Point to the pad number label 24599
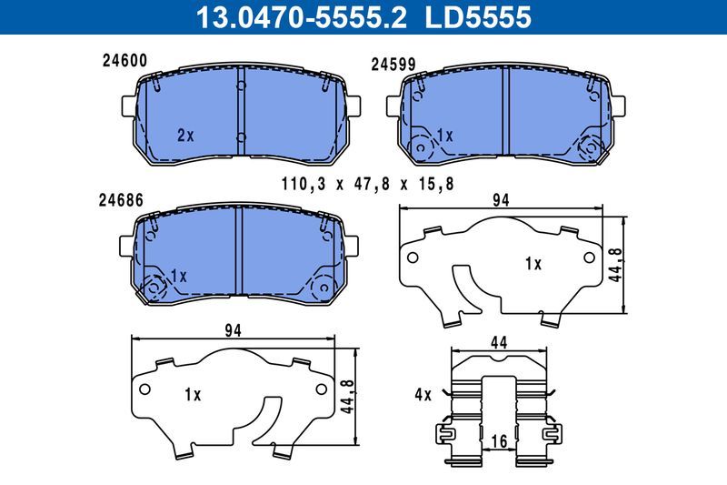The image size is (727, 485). tap(393, 65)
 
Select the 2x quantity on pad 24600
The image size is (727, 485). tap(185, 135)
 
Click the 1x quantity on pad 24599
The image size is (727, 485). tap(443, 135)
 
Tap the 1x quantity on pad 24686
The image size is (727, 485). tap(177, 276)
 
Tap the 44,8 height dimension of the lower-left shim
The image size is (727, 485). tap(346, 396)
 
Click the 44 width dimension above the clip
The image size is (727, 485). tap(498, 343)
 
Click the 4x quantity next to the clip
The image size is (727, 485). tap(422, 395)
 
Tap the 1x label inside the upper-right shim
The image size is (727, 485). tap(533, 264)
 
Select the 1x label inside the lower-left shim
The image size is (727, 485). tap(192, 394)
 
